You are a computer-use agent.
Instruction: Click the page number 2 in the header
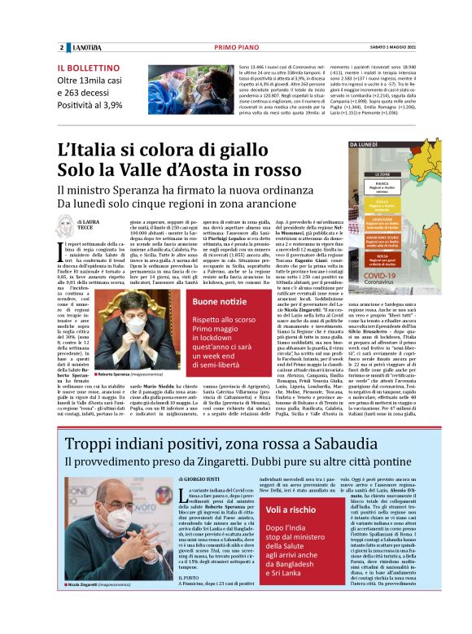62,46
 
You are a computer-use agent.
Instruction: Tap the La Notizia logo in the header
84,46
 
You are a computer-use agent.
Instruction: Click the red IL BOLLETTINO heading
85,68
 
